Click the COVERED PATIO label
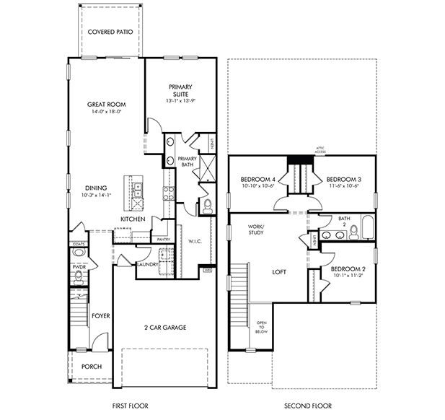pyautogui.click(x=110, y=32)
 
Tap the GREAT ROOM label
pyautogui.click(x=107, y=104)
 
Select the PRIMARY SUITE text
pyautogui.click(x=180, y=91)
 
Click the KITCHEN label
pyautogui.click(x=133, y=219)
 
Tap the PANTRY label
pyautogui.click(x=163, y=238)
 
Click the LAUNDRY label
pyautogui.click(x=147, y=264)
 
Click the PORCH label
pyautogui.click(x=92, y=366)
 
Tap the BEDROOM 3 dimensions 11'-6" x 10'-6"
pyautogui.click(x=343, y=185)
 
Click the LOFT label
pyautogui.click(x=280, y=273)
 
